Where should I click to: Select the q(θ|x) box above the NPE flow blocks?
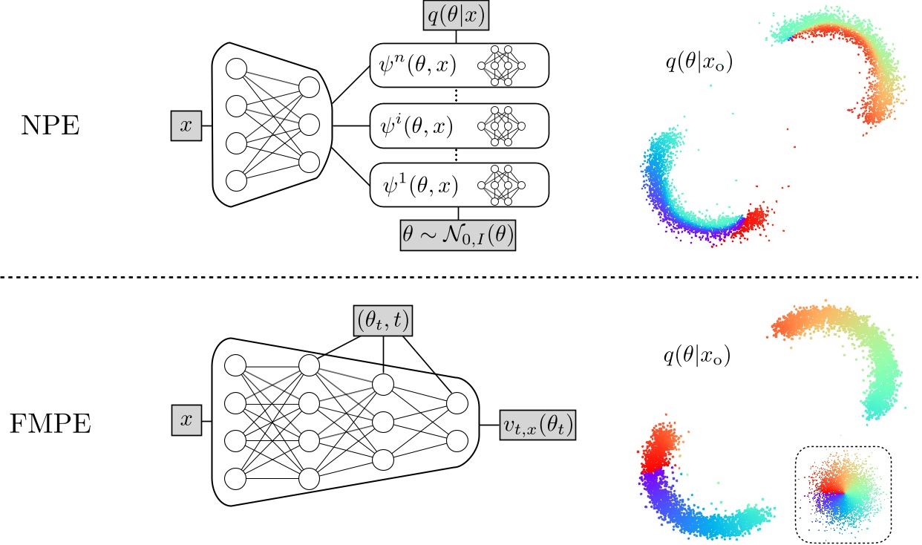(x=456, y=15)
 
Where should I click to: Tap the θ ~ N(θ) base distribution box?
(x=457, y=237)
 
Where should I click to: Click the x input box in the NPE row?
(x=186, y=126)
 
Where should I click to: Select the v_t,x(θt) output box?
(x=539, y=425)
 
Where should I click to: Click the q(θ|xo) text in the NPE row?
(x=699, y=64)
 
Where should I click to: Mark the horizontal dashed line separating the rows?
(x=460, y=277)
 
